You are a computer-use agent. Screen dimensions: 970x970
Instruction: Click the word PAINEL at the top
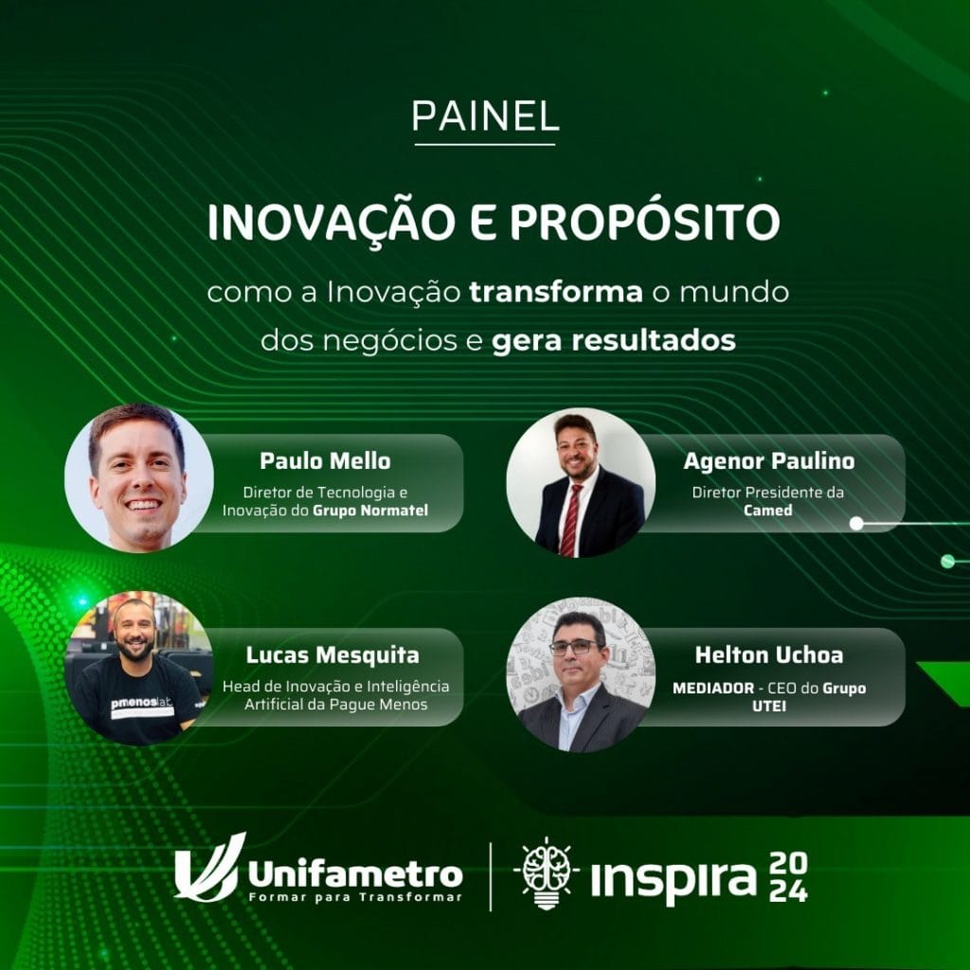point(485,116)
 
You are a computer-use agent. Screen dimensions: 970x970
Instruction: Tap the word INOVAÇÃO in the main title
point(331,223)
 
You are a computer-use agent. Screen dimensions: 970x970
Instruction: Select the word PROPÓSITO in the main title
point(644,222)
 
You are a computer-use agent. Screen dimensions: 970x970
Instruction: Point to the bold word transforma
point(555,292)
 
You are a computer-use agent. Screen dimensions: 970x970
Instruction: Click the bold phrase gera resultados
point(614,340)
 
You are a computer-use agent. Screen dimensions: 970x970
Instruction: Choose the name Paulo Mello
point(326,461)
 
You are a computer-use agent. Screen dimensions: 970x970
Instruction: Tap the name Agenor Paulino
point(769,461)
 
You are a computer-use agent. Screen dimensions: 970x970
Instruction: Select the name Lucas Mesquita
point(332,656)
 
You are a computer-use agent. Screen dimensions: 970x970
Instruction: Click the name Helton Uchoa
point(769,656)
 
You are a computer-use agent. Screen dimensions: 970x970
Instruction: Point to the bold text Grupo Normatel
point(370,511)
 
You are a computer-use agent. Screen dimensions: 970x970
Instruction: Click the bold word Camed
point(767,511)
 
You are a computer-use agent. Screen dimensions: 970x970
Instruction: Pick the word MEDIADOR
point(713,688)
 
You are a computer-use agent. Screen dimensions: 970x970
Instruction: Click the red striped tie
point(569,521)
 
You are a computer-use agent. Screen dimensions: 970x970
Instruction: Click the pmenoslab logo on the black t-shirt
point(142,705)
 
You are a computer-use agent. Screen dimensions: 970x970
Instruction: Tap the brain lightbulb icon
point(545,872)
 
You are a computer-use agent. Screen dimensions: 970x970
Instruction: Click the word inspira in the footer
point(674,878)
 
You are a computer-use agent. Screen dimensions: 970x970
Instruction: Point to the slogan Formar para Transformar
point(355,898)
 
